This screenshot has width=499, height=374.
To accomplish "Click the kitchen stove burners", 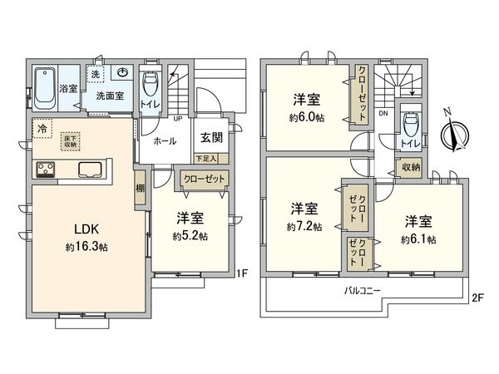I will click(x=45, y=170).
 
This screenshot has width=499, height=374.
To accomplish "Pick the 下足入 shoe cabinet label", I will click(x=205, y=158).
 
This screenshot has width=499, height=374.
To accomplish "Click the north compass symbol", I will click(x=454, y=130).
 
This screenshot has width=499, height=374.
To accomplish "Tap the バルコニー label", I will click(x=363, y=291).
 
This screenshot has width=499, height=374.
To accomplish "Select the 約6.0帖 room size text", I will click(x=307, y=117).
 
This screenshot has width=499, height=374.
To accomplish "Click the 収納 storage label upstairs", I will click(x=410, y=167).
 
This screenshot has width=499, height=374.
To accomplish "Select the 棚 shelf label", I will click(x=140, y=188).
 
